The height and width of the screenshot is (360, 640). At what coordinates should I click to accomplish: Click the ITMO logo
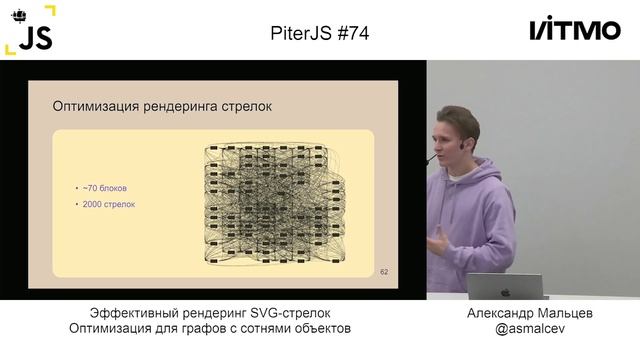pos(574,30)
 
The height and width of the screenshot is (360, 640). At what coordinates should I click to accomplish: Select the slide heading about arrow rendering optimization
pos(161,105)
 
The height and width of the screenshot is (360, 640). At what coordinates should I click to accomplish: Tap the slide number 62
pos(384,271)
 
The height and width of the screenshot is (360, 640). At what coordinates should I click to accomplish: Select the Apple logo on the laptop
pos(506,291)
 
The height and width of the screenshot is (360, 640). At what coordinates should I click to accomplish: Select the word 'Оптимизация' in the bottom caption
pos(108,329)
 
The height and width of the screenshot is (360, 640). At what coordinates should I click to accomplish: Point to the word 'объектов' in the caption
pos(323,329)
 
